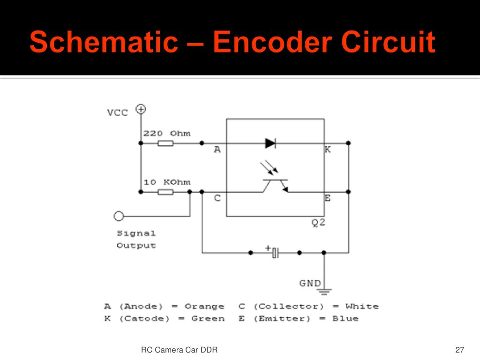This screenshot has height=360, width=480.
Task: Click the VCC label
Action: (x=117, y=113)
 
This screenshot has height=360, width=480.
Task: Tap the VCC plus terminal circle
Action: (x=141, y=109)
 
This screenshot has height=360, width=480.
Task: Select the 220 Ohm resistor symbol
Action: (x=165, y=143)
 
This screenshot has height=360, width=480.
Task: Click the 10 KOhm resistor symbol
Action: (x=165, y=192)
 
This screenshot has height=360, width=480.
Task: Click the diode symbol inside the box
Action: (x=270, y=143)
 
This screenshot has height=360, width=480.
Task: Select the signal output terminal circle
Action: (x=119, y=216)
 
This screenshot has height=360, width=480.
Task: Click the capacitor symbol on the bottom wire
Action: (x=275, y=253)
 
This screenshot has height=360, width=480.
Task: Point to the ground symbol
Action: (x=324, y=292)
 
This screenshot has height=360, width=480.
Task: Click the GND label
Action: (x=310, y=283)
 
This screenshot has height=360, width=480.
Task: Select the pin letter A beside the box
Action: (x=217, y=150)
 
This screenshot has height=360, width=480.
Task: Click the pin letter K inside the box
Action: (x=327, y=150)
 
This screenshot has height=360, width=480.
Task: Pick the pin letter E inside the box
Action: (x=327, y=198)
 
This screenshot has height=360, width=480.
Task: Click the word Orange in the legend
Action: (x=204, y=307)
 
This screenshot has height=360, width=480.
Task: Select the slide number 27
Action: (x=459, y=350)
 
